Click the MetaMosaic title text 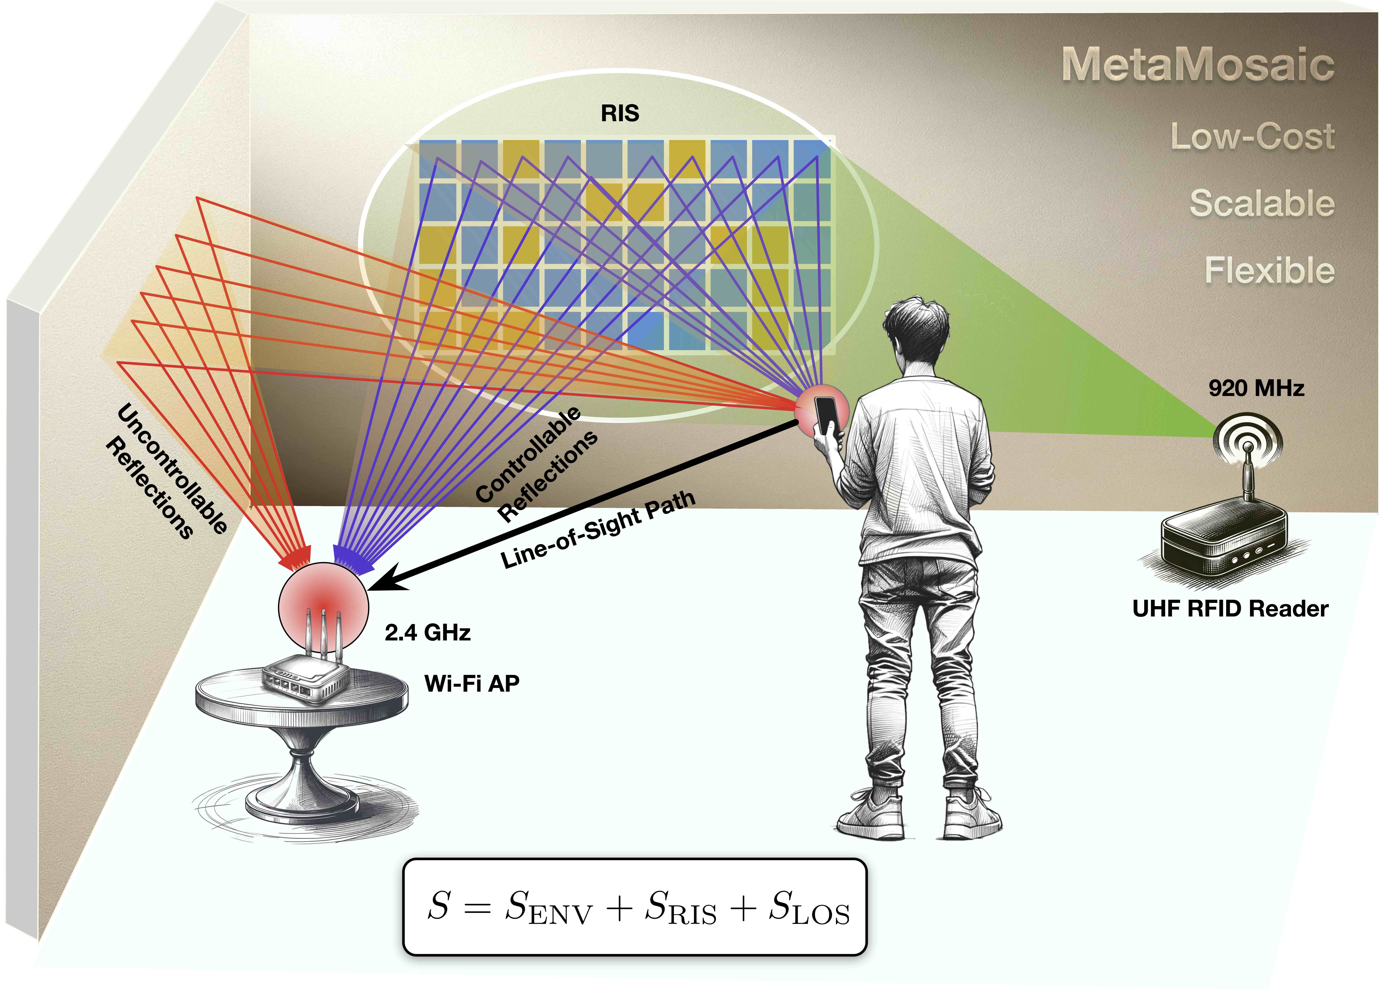point(1198,64)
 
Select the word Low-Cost point(1252,136)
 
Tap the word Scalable point(1262,203)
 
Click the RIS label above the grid point(620,113)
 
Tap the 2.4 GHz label point(427,633)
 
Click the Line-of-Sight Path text point(598,529)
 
